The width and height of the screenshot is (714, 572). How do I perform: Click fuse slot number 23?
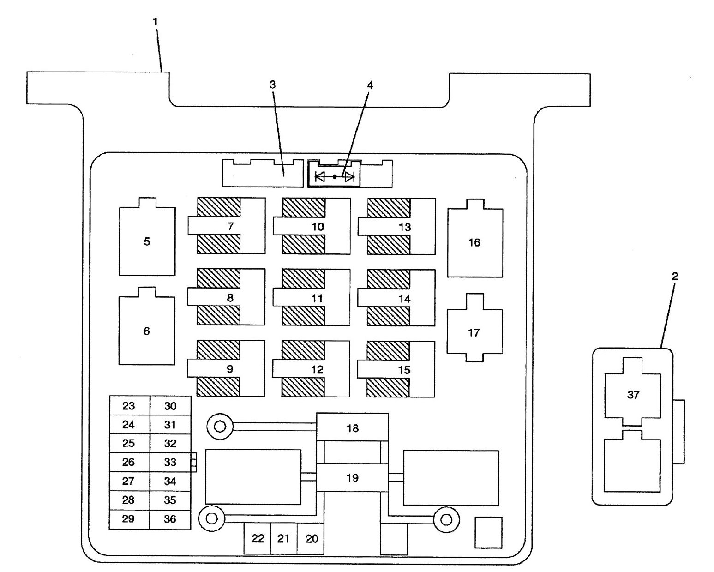coord(129,406)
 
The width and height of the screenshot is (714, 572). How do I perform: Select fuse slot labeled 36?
coord(170,519)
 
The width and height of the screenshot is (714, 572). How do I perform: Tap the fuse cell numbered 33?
coord(170,462)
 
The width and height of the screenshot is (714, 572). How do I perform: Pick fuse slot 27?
coord(129,481)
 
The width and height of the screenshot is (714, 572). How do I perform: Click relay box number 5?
coord(147,241)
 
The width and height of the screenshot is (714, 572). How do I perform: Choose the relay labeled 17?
coord(474,332)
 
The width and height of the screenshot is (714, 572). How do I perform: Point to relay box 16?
coord(474,242)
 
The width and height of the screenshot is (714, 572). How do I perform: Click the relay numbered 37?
coord(633,395)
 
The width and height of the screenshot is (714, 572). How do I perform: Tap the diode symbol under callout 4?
coord(334,176)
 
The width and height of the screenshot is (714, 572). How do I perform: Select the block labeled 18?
coord(353,428)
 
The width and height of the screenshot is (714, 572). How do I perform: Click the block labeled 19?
coord(353,478)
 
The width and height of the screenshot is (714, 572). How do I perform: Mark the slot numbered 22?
coord(258,539)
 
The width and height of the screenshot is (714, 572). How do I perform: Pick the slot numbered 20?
coord(312,539)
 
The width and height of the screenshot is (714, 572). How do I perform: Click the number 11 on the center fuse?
coord(317,298)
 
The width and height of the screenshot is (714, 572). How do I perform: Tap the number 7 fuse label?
coord(230,226)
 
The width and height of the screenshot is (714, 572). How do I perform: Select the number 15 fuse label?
coord(404,370)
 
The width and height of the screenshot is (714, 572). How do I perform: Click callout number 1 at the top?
coord(156,22)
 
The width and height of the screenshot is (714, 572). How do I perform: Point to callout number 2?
coord(674,277)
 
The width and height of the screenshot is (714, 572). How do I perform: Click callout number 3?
coord(272,84)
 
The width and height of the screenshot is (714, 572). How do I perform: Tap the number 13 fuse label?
coord(404,227)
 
